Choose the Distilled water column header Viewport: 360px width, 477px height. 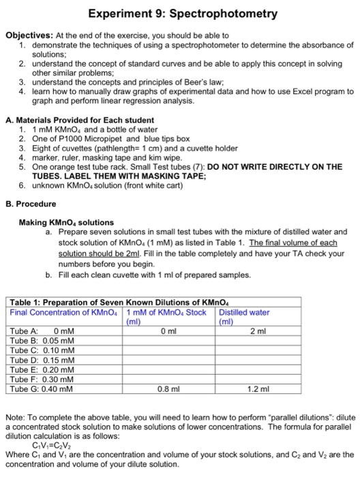[243, 312]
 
